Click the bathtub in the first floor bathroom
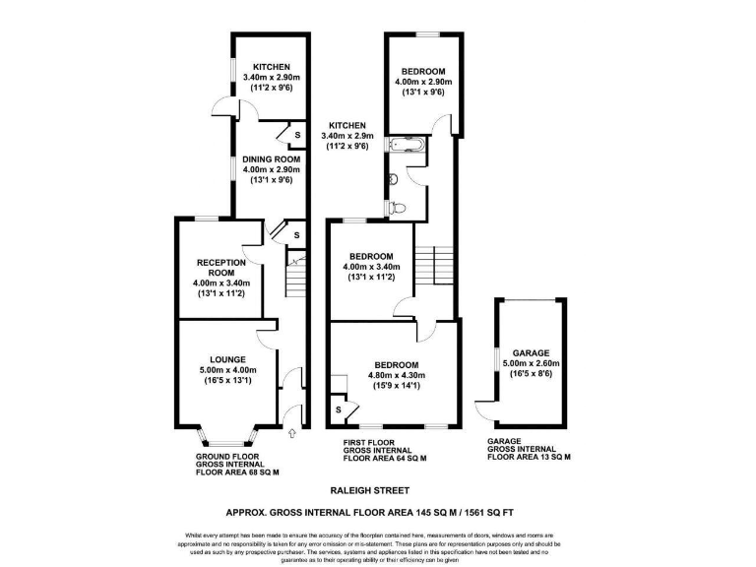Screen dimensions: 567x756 407,148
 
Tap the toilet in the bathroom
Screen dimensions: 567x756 398,208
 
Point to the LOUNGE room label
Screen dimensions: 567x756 227,359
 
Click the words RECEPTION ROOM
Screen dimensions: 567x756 220,268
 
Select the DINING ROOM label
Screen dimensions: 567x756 269,159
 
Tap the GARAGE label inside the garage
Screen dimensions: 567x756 531,352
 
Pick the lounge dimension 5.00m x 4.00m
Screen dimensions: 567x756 227,371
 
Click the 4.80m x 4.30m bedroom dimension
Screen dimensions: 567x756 398,374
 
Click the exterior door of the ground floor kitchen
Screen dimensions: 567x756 224,108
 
